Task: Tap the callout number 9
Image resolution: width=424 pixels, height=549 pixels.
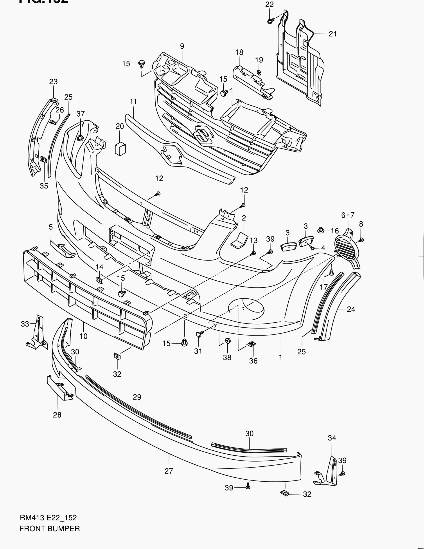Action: [x=182, y=46]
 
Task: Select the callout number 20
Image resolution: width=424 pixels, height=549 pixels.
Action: [x=120, y=126]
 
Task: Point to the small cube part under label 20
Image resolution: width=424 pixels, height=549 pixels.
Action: [x=120, y=149]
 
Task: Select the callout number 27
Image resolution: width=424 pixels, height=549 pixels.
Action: [x=169, y=471]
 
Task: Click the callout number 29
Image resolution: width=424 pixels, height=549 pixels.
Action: [x=137, y=397]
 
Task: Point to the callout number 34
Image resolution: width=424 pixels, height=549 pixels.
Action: [x=332, y=438]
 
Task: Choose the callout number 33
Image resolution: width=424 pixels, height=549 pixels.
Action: [x=25, y=324]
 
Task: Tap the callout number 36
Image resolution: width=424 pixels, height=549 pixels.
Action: [x=253, y=361]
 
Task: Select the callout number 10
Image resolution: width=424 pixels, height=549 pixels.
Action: [x=83, y=336]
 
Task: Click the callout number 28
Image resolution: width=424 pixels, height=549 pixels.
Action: [x=57, y=415]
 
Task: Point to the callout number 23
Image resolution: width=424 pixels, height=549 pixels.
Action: [x=53, y=81]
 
